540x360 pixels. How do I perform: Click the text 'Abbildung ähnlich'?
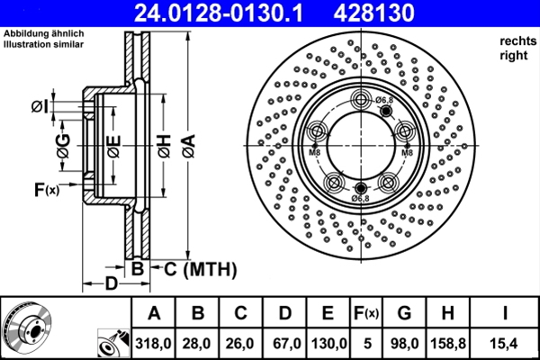pyautogui.click(x=44, y=35)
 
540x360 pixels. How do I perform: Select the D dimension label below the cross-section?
pyautogui.click(x=107, y=285)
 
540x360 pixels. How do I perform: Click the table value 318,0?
pyautogui.click(x=154, y=342)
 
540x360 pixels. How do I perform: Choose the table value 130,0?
pyautogui.click(x=328, y=342)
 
